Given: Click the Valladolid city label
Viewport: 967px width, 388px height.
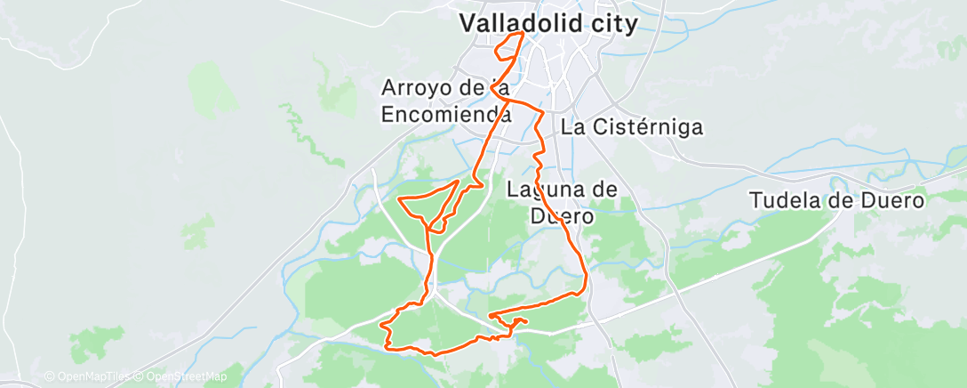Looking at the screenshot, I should [x=548, y=24].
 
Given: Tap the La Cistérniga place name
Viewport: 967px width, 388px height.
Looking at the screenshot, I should [x=631, y=127].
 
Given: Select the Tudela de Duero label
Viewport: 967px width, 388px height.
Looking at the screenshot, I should [x=837, y=200].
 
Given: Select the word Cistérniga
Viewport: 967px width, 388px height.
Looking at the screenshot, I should [x=646, y=127].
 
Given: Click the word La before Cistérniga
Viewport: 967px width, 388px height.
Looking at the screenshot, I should [x=572, y=127].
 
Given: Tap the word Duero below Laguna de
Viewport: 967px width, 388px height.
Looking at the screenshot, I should [x=562, y=214].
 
